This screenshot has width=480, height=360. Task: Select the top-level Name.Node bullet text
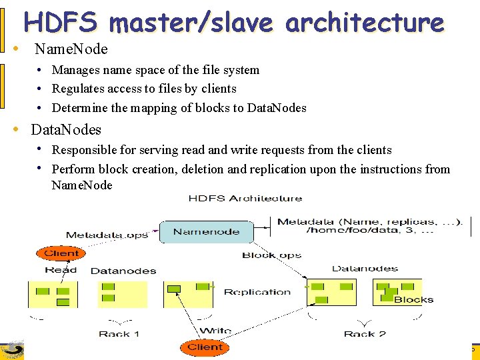pyautogui.click(x=71, y=49)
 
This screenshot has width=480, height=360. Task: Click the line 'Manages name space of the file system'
pyautogui.click(x=155, y=70)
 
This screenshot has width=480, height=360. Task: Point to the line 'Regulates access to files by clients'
pyautogui.click(x=144, y=89)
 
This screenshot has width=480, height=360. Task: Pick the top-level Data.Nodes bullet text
pyautogui.click(x=66, y=129)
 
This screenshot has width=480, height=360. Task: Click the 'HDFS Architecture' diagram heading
pyautogui.click(x=245, y=198)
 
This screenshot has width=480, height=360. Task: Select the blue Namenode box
pyautogui.click(x=207, y=232)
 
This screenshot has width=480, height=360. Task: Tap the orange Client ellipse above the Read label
pyautogui.click(x=61, y=253)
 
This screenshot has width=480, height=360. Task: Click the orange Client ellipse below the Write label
pyautogui.click(x=205, y=347)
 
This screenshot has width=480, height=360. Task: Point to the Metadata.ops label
pyautogui.click(x=107, y=235)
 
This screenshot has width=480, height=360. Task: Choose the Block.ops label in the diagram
pyautogui.click(x=271, y=255)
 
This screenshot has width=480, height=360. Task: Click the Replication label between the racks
pyautogui.click(x=257, y=292)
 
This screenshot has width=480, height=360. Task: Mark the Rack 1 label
pyautogui.click(x=119, y=334)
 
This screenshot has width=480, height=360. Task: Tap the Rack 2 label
pyautogui.click(x=365, y=334)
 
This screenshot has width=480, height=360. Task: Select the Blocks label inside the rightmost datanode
pyautogui.click(x=413, y=299)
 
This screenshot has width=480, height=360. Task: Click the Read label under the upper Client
pyautogui.click(x=61, y=270)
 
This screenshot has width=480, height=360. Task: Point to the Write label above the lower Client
pyautogui.click(x=215, y=331)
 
